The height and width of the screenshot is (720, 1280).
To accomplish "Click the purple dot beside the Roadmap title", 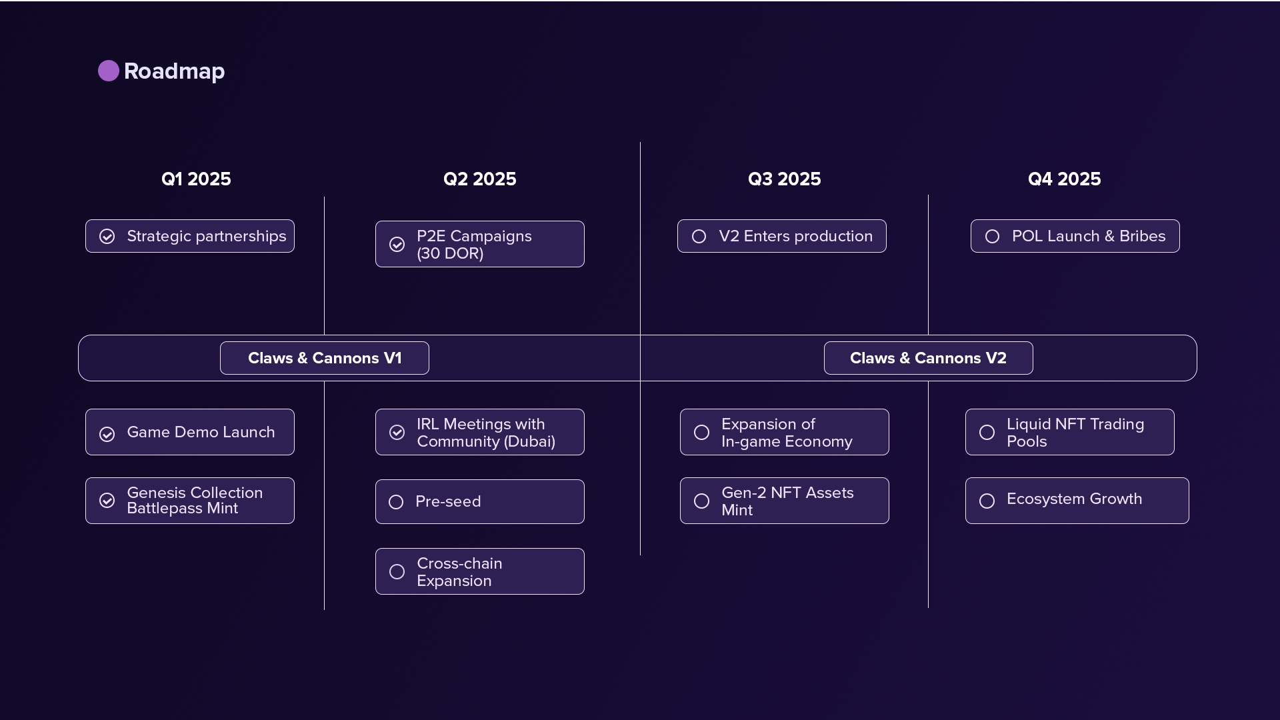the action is tap(109, 71).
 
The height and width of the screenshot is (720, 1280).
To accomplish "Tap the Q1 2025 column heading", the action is tap(196, 179).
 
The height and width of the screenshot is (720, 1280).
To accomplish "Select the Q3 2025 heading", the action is tap(784, 179).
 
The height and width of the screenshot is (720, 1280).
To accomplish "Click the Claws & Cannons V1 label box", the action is tap(325, 358).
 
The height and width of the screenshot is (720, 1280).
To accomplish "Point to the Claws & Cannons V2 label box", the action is tap(929, 358).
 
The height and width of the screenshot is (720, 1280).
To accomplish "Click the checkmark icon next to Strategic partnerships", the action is tap(107, 237).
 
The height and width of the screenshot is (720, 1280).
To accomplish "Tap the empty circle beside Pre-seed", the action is tap(396, 502).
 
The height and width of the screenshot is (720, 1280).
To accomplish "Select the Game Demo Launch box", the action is tap(190, 432).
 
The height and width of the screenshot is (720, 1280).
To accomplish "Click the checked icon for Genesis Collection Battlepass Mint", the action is tap(107, 501).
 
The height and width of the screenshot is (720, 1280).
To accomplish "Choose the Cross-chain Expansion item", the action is tap(480, 571).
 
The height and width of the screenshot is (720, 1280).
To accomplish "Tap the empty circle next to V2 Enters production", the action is tap(699, 237).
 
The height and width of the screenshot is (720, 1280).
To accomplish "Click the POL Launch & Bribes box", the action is tap(1075, 236).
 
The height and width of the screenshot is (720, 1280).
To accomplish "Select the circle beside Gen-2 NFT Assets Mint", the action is tap(701, 501).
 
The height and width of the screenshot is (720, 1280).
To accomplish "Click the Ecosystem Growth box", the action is tap(1077, 501).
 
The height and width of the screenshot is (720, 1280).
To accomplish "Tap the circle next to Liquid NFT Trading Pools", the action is tap(987, 433).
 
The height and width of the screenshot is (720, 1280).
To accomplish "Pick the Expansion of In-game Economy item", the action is tap(785, 432).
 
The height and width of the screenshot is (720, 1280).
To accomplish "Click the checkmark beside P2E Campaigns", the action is tap(397, 245).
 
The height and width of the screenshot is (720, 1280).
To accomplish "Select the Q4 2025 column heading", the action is tap(1065, 179).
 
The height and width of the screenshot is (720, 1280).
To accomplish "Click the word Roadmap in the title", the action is tap(175, 71).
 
